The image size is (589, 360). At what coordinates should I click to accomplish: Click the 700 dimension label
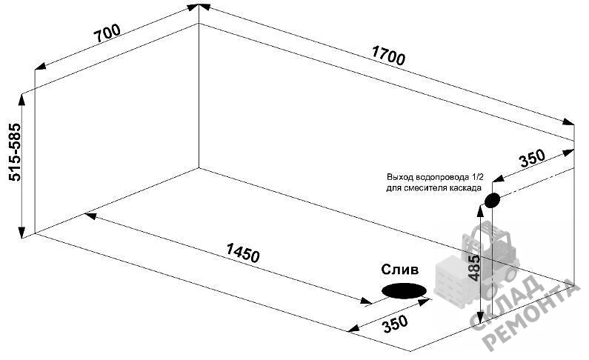[x=107, y=33]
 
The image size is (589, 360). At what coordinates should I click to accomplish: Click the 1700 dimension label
[x=388, y=55]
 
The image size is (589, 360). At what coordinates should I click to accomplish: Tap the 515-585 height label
[x=15, y=152]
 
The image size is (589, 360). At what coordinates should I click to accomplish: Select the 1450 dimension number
[x=243, y=253]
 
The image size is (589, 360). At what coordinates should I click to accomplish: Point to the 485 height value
[x=474, y=268]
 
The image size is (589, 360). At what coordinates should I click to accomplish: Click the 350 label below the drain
[x=395, y=324]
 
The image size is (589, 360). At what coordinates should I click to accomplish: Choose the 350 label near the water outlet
[x=532, y=158]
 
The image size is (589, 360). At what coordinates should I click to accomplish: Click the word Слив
[x=399, y=269]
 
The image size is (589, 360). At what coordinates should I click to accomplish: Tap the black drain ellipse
[x=404, y=290]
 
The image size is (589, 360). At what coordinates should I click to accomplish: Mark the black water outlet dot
[x=492, y=200]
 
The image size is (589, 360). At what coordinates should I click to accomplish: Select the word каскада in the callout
[x=467, y=187]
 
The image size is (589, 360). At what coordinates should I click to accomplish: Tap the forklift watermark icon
[x=477, y=264]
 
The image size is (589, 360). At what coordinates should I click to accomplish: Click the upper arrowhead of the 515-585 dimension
[x=21, y=99]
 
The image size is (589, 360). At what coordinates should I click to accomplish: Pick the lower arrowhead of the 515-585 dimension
[x=21, y=233]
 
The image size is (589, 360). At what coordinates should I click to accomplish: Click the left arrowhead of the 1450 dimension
[x=90, y=216]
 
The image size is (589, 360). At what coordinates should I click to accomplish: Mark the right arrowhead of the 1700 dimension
[x=568, y=121]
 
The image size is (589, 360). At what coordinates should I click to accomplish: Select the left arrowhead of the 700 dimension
[x=41, y=67]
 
